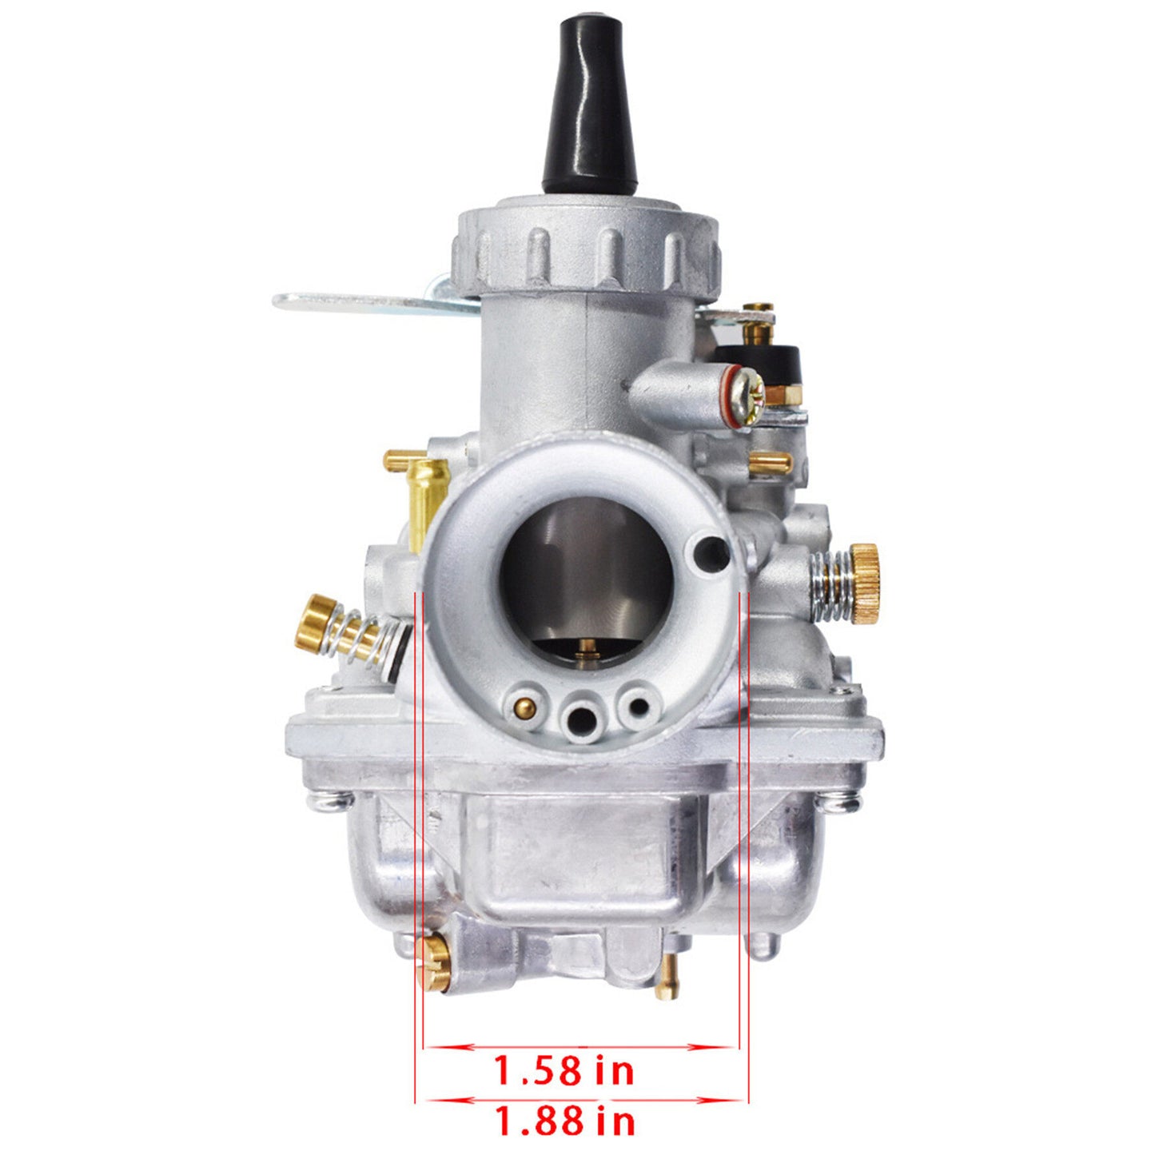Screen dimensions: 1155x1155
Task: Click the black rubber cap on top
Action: point(590,105)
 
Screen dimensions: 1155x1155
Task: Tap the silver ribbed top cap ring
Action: point(586,252)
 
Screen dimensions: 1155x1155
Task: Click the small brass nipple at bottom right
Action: point(667,978)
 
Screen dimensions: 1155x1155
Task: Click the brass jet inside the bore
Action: point(587,649)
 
